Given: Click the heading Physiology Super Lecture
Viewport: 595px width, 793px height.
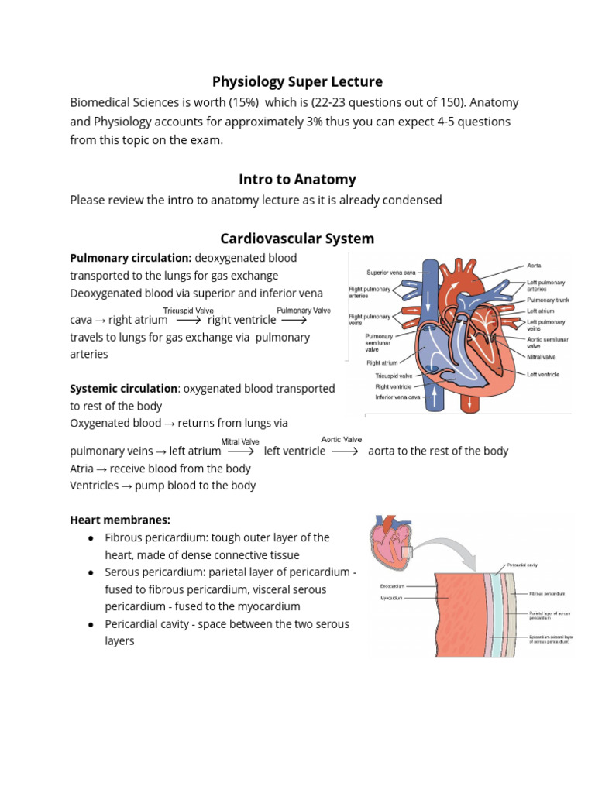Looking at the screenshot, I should [297, 81].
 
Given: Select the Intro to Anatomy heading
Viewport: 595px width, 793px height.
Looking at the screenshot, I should [297, 179].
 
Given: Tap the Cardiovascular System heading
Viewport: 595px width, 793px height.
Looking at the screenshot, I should [297, 239].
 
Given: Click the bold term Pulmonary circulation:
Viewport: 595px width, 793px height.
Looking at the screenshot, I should [131, 258].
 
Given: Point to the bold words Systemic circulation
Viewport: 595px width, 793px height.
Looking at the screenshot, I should [123, 388].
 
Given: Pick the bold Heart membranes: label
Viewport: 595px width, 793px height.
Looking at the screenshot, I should [120, 519].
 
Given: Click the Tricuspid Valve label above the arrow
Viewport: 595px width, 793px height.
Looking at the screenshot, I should [188, 311].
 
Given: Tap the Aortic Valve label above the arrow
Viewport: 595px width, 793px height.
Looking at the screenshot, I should [342, 440].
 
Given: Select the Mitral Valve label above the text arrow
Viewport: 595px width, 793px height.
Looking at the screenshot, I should [240, 442].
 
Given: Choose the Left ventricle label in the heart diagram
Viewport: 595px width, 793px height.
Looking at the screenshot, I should [544, 374].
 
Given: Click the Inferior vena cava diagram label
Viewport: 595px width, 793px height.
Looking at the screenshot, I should [397, 396].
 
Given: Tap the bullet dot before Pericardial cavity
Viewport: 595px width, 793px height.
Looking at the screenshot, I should [91, 624].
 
